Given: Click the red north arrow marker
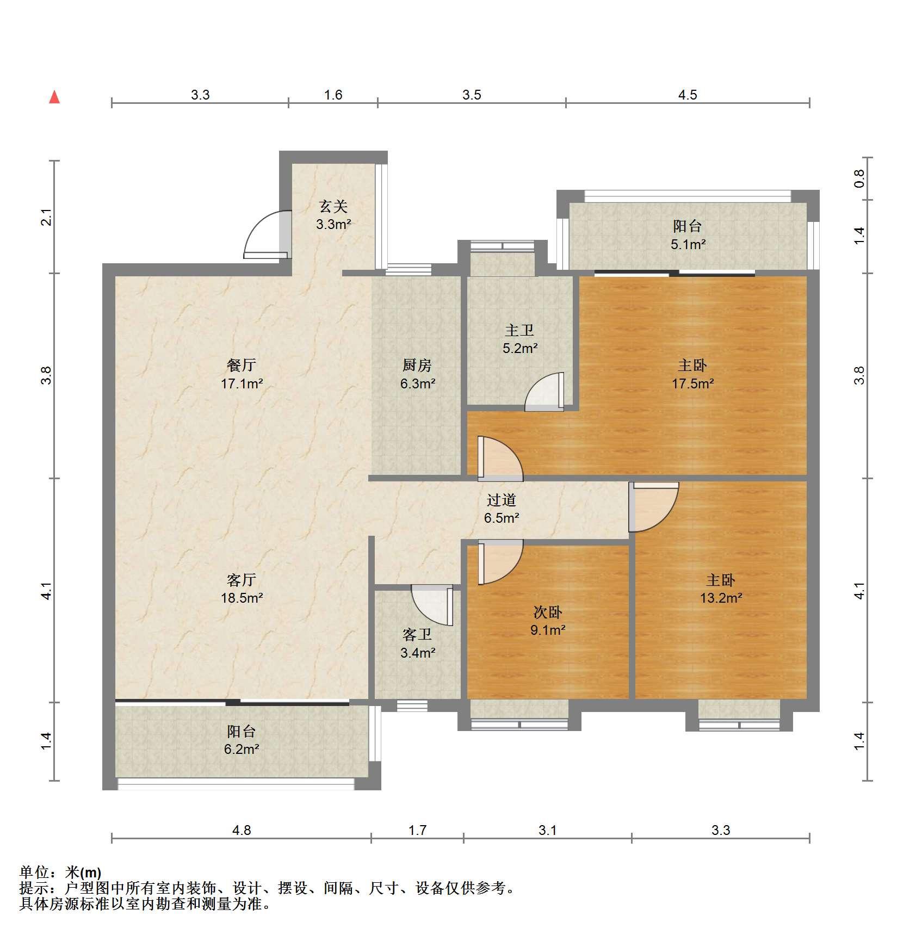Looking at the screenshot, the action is tap(54, 97).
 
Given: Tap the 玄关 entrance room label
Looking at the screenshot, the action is tap(333, 207).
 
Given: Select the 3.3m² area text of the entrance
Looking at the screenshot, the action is tap(333, 224).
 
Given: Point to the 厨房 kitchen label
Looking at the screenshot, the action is tap(417, 366).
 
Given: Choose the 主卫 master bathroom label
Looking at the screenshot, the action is tap(519, 330).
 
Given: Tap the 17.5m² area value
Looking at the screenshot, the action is tap(692, 383).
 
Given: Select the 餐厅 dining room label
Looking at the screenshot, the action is tap(242, 366).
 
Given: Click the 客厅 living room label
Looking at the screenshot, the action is tap(242, 580).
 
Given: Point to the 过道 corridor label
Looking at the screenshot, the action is tap(501, 500).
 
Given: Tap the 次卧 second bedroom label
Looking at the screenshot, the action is tap(548, 612).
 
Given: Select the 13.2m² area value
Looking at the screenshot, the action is tap(721, 598).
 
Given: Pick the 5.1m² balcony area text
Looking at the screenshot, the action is tap(688, 244).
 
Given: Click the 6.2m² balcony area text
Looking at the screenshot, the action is tap(242, 749).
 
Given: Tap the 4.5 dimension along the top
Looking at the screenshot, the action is tap(688, 95).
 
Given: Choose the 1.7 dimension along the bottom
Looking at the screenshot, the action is tap(417, 830).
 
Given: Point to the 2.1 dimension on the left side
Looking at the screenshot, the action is tap(47, 217).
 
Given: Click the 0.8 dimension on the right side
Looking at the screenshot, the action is tap(859, 178).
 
